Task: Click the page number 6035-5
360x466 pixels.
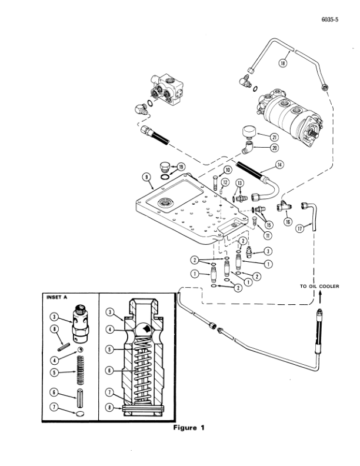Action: (x=329, y=19)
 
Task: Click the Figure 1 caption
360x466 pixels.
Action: (x=189, y=428)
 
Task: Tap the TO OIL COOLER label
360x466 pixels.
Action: (x=319, y=286)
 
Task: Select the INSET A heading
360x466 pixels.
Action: (x=56, y=297)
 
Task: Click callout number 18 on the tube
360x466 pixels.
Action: (x=283, y=63)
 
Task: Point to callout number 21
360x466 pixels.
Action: (x=274, y=137)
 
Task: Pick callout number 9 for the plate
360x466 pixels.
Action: (x=146, y=177)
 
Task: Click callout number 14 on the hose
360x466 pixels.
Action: (x=279, y=164)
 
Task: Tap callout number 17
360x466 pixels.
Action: (x=300, y=228)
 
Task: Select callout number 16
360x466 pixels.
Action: (x=288, y=221)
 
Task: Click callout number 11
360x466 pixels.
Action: (x=268, y=236)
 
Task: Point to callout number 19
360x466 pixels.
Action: (x=181, y=167)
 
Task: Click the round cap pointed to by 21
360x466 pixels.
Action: (x=250, y=132)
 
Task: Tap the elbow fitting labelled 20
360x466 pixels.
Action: (x=247, y=148)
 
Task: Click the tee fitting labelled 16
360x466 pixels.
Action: (x=284, y=207)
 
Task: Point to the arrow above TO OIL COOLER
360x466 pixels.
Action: (x=320, y=297)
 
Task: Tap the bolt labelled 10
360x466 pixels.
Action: (x=215, y=183)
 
